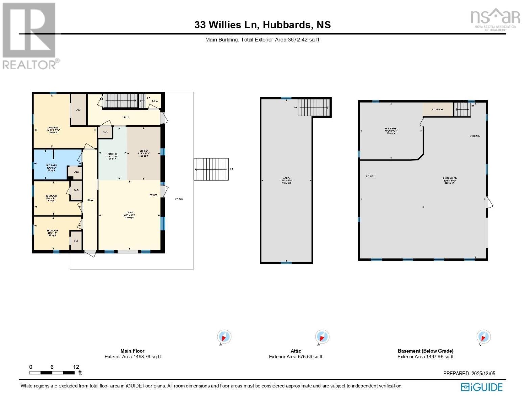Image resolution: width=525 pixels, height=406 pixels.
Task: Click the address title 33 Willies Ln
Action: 262,25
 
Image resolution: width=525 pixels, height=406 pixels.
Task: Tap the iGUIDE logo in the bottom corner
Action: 482,387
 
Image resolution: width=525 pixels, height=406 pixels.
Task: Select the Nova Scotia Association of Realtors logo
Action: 495,20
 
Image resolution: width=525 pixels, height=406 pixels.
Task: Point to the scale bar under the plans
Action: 52,373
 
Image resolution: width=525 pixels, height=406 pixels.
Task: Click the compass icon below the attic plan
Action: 322,337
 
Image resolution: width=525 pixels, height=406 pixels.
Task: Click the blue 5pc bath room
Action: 51,165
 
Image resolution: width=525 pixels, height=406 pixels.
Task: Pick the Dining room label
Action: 144,151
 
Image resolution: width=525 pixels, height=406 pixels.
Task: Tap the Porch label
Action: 179,199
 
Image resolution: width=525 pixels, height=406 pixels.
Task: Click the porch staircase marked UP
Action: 211,169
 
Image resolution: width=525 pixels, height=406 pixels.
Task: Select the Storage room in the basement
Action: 437,109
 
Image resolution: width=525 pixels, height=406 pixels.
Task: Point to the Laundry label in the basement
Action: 475,136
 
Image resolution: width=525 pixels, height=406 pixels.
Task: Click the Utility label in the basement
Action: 370,176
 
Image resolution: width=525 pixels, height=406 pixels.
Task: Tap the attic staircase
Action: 313,108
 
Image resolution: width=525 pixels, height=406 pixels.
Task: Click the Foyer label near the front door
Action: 153,195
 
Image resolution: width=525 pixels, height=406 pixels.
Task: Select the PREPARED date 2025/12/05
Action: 469,373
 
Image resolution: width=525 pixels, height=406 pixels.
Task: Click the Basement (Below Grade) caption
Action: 425,351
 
